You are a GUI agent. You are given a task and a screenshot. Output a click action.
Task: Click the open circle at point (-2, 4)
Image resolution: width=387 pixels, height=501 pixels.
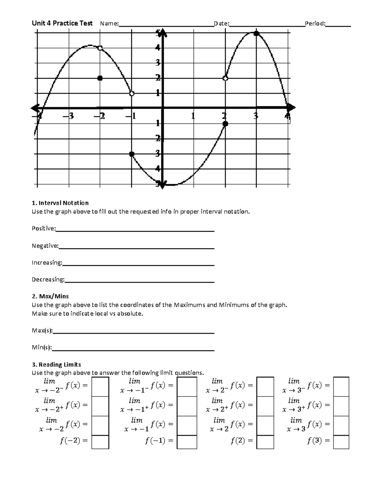pyautogui.click(x=100, y=48)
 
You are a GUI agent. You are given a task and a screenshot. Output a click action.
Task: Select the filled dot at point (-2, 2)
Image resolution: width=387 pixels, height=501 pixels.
pyautogui.click(x=100, y=78)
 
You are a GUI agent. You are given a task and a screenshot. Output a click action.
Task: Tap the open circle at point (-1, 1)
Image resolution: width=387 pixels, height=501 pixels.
pyautogui.click(x=132, y=94)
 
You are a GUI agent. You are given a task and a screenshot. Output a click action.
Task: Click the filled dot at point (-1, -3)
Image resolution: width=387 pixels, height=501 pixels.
pyautogui.click(x=132, y=154)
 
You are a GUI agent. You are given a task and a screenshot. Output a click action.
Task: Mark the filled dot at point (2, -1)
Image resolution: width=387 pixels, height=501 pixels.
pyautogui.click(x=225, y=124)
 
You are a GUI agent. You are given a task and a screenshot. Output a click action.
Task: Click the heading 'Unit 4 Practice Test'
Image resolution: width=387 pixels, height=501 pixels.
pyautogui.click(x=62, y=23)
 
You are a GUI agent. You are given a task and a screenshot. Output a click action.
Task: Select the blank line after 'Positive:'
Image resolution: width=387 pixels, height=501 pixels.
pyautogui.click(x=135, y=230)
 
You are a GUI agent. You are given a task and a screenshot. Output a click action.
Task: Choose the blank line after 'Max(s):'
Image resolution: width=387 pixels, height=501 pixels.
pyautogui.click(x=134, y=332)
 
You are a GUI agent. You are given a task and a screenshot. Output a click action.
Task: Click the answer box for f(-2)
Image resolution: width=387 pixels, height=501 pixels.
pyautogui.click(x=100, y=442)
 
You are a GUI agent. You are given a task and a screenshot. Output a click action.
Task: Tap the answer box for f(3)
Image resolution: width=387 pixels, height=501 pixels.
pyautogui.click(x=341, y=442)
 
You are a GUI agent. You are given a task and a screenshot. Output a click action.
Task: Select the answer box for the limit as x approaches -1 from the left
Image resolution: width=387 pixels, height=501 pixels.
pyautogui.click(x=187, y=386)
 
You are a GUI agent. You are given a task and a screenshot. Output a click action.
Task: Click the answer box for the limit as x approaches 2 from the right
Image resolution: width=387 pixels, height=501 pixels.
pyautogui.click(x=265, y=406)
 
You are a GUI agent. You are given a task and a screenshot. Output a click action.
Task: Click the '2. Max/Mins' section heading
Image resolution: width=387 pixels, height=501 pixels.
pyautogui.click(x=50, y=296)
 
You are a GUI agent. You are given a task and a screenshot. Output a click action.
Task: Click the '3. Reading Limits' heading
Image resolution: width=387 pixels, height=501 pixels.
pyautogui.click(x=56, y=365)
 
